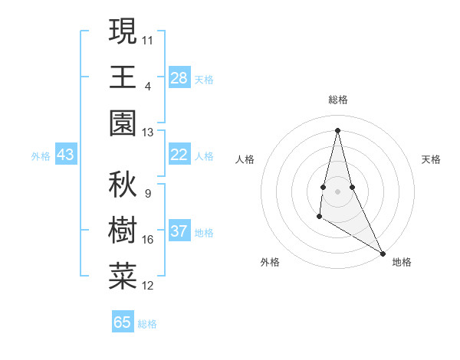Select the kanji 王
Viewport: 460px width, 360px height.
123,77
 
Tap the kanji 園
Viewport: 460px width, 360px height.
123,123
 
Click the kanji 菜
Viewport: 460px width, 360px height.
123,277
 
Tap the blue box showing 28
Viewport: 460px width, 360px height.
179,77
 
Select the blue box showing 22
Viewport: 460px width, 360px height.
179,155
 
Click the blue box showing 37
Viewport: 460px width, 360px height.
179,231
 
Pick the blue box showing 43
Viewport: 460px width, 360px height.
66,155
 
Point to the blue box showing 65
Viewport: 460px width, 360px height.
123,322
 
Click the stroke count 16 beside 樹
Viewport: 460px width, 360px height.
148,240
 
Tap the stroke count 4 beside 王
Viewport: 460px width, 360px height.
148,86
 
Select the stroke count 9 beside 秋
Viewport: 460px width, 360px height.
148,193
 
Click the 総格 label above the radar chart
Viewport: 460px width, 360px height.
338,100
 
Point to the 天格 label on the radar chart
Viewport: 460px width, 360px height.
431,159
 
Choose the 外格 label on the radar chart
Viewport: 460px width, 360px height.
270,262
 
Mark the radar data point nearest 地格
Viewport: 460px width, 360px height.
383,254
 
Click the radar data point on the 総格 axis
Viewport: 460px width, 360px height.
337,129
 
